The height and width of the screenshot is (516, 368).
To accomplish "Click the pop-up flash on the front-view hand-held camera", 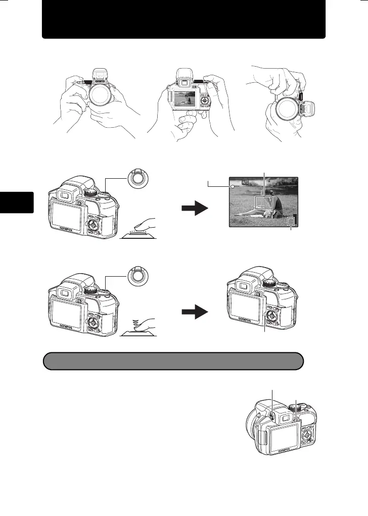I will pyautogui.click(x=98, y=73).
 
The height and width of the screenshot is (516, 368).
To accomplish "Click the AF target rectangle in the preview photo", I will pyautogui.click(x=263, y=202).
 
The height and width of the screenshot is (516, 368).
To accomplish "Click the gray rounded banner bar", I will pyautogui.click(x=173, y=362).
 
